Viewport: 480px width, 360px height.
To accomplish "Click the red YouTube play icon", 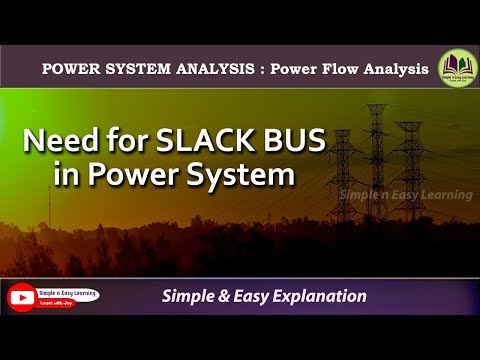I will click(x=21, y=297).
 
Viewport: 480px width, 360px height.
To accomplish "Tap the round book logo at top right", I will click(x=456, y=68).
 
